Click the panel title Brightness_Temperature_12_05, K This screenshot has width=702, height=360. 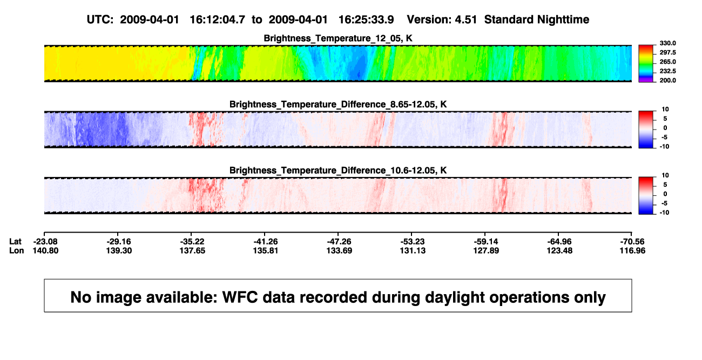pos(338,38)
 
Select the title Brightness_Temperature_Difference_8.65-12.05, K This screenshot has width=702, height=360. pos(338,104)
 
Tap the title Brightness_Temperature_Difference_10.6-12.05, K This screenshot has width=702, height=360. pos(338,171)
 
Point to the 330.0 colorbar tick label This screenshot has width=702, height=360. pos(667,43)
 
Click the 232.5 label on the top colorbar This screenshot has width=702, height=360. pos(667,71)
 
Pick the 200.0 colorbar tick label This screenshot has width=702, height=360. pos(667,80)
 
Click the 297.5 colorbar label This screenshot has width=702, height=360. pos(667,53)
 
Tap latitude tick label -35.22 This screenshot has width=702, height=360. pos(192,242)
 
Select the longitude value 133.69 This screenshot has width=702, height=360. pos(339,250)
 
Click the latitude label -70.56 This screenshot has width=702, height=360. pos(632,242)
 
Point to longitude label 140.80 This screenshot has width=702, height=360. pos(45,250)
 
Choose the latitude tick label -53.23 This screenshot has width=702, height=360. pos(413,242)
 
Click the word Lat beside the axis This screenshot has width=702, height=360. pos(15,242)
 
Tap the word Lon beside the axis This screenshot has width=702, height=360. pos(17,250)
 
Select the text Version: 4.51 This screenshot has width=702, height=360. pos(442,20)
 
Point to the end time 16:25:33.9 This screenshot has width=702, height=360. pos(366,20)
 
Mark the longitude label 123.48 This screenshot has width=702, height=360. pos(559,250)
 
